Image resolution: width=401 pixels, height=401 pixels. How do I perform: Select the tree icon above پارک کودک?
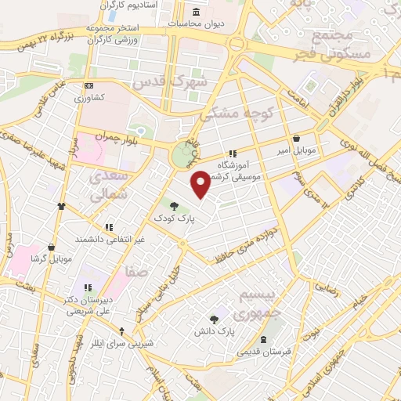pos(173,205)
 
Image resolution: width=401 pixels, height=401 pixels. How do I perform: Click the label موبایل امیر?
pos(296,149)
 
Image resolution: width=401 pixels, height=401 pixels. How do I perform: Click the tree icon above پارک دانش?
pos(214,319)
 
